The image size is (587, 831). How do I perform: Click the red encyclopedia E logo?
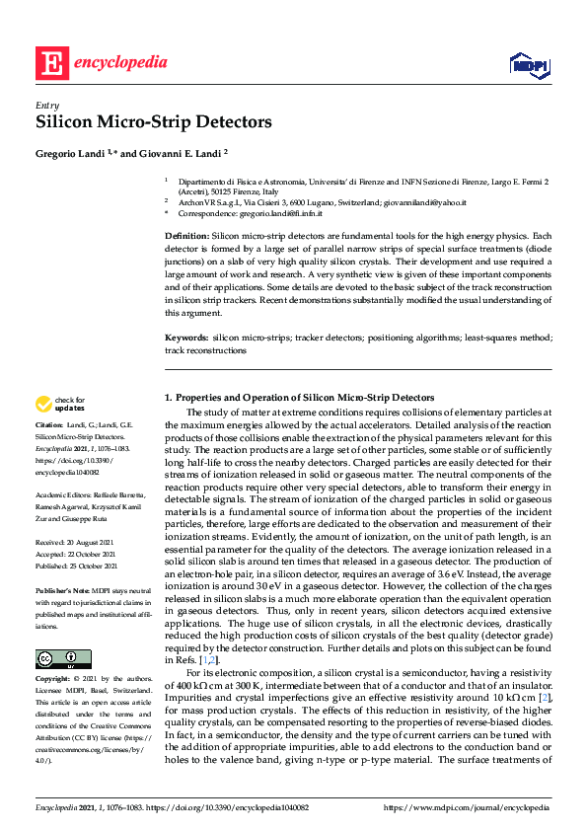pos(51,63)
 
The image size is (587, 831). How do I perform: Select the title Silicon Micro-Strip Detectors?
pos(153,122)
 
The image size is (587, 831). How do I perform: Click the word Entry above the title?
pos(46,105)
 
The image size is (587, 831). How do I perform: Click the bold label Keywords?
pos(187,339)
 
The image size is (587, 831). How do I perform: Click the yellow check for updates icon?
pos(43,404)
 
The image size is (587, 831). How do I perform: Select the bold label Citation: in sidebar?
pos(50,425)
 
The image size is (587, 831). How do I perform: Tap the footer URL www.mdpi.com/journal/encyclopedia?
pos(479,807)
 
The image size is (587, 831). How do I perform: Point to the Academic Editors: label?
pos(66,493)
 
